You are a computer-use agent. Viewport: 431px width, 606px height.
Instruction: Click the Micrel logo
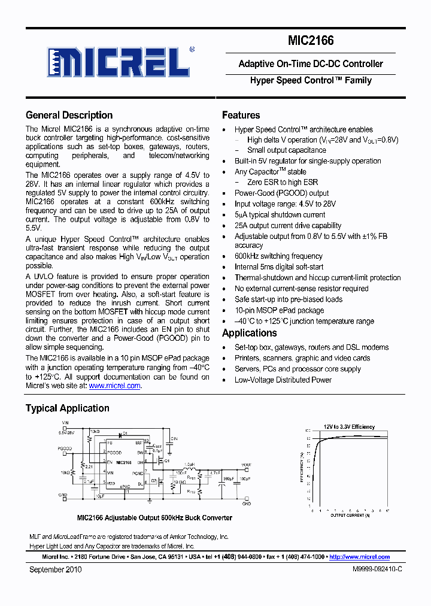(118, 62)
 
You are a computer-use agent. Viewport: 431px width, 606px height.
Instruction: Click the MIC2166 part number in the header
(311, 41)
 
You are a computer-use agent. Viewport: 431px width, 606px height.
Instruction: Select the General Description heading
(69, 116)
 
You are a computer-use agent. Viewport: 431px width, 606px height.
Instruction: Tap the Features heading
(241, 116)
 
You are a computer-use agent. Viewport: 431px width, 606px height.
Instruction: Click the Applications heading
(249, 334)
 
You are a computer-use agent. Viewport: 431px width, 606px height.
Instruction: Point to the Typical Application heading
(67, 408)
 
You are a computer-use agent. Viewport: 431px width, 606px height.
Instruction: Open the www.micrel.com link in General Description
(114, 386)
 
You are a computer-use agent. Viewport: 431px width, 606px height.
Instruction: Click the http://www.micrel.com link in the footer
(359, 557)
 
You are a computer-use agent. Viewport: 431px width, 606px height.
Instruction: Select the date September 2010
(56, 569)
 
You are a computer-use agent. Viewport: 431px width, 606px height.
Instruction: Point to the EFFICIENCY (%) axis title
(301, 467)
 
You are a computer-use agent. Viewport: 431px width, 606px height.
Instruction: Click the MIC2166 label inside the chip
(124, 462)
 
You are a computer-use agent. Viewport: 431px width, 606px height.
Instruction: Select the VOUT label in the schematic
(246, 465)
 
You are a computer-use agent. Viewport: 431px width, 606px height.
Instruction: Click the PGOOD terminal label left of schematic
(65, 448)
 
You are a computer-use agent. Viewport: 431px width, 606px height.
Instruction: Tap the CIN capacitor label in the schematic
(174, 439)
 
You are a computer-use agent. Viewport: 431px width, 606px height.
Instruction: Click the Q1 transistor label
(167, 461)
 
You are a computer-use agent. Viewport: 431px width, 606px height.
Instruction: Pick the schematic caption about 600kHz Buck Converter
(154, 518)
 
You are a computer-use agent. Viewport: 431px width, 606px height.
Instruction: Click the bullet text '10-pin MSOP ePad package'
(279, 310)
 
